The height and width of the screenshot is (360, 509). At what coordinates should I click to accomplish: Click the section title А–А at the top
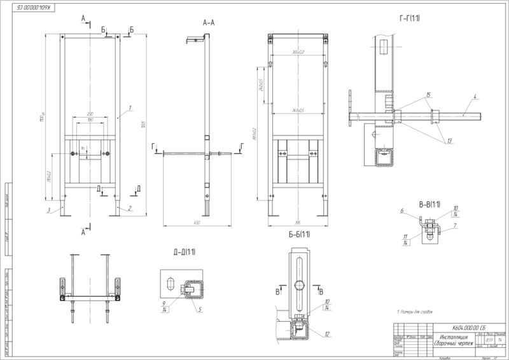click(209, 22)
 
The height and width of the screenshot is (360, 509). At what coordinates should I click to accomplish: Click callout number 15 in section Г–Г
click(428, 95)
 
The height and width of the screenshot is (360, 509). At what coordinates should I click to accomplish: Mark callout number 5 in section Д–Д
click(199, 310)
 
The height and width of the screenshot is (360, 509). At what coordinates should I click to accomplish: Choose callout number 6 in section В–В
click(402, 211)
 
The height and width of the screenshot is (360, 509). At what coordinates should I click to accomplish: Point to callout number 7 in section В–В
click(456, 225)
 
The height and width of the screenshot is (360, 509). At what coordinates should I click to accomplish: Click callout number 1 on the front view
click(130, 108)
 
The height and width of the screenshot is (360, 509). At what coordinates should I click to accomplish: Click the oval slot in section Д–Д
click(170, 282)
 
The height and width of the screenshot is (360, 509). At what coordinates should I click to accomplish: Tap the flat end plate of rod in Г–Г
click(351, 108)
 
